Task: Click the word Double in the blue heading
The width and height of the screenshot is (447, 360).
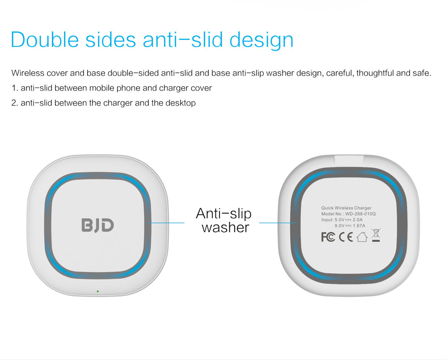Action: tap(45, 39)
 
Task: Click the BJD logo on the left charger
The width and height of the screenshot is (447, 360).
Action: tap(98, 225)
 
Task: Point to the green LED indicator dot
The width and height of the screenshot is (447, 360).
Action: tap(98, 291)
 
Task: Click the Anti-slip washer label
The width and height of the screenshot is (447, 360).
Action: tap(224, 220)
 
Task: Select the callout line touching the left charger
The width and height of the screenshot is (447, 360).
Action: tap(166, 223)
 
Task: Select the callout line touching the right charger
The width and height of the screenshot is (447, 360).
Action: tap(278, 223)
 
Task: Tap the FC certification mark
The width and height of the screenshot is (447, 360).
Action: tap(328, 237)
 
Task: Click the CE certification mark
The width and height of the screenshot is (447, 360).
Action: tap(346, 237)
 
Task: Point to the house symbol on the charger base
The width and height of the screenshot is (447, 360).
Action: tap(362, 237)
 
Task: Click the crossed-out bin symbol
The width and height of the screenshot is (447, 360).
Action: tap(376, 236)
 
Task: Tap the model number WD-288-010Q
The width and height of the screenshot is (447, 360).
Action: tap(360, 214)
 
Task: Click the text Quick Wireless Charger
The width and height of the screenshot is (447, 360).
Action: tap(346, 208)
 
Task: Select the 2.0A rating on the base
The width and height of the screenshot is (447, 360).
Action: tap(358, 220)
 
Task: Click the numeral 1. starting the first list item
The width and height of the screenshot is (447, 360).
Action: tap(15, 88)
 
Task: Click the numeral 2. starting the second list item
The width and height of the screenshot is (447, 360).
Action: tap(15, 103)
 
